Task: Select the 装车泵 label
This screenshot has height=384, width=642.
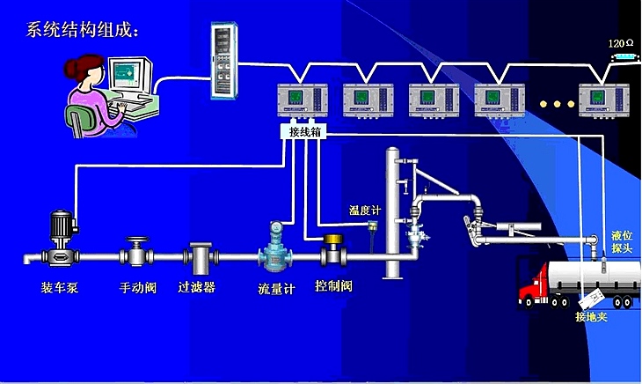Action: (x=60, y=287)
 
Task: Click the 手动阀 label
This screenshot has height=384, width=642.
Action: (x=138, y=287)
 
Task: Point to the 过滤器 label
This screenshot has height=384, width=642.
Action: (x=197, y=287)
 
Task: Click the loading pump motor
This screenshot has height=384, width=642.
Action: (x=61, y=227)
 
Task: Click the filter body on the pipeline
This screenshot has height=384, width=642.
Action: (x=200, y=259)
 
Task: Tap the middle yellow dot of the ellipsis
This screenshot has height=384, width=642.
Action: (x=556, y=104)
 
